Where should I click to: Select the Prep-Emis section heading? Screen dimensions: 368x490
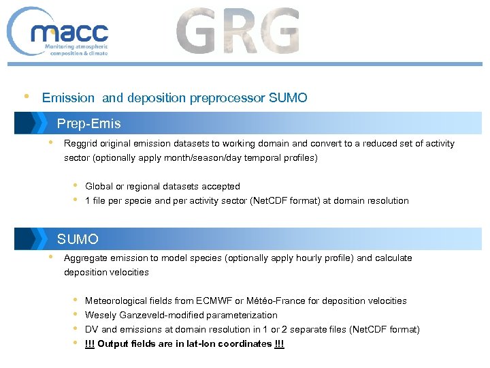88,123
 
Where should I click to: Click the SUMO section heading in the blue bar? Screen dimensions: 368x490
78,239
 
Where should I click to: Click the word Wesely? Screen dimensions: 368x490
100,316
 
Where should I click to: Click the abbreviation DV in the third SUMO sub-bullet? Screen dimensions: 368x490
91,330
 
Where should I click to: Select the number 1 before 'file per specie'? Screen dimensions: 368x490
88,201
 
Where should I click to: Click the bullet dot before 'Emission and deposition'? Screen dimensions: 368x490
26,96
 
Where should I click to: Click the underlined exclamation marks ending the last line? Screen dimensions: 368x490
279,344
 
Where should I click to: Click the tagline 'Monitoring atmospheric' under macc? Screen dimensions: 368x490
75,46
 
